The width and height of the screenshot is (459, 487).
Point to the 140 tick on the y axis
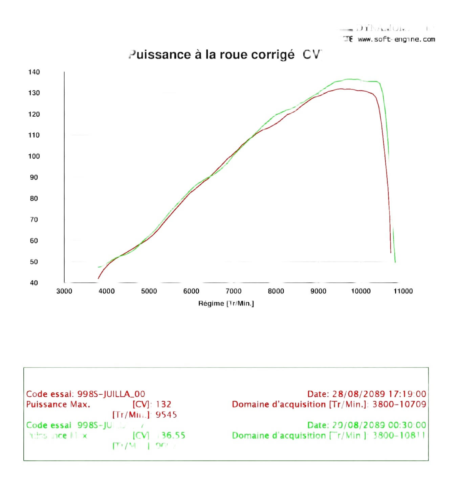(34, 72)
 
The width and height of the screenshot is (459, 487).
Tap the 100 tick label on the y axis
(34, 156)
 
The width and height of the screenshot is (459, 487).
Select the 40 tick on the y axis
(34, 283)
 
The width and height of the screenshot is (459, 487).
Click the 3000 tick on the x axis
(64, 291)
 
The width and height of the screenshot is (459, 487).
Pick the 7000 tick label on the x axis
(234, 291)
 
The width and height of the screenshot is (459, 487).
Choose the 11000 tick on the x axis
(403, 291)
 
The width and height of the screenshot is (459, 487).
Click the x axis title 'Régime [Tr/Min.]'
(226, 303)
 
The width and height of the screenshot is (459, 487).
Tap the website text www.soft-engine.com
(396, 39)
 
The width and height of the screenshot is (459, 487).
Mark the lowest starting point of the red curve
(99, 278)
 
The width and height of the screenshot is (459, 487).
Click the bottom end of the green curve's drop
(395, 262)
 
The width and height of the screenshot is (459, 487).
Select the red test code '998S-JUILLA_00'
(111, 394)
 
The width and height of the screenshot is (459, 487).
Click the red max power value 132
(163, 404)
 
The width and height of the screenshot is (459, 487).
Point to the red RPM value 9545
(166, 415)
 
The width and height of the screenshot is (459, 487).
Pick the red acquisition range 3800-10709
(399, 404)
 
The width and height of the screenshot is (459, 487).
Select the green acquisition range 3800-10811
(399, 435)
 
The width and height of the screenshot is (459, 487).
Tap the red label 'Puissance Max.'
(58, 404)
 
